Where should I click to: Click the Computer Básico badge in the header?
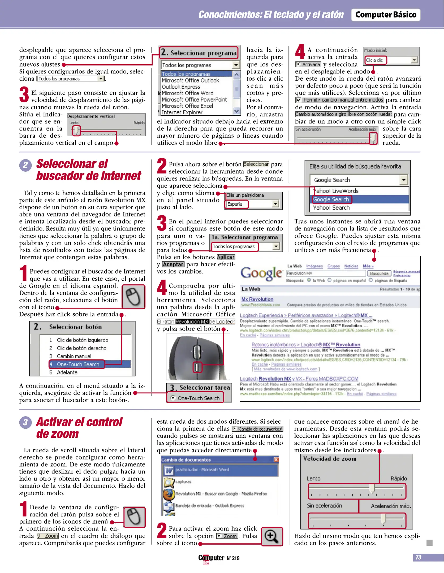click(x=386, y=15)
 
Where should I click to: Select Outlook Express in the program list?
click(x=181, y=87)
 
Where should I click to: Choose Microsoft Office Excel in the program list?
click(x=187, y=106)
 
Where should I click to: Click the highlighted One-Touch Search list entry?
click(x=78, y=364)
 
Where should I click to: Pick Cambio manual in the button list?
click(x=74, y=356)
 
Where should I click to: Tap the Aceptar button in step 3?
click(x=173, y=264)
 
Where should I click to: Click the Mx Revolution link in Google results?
click(x=257, y=299)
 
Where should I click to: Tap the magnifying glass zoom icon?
click(x=272, y=536)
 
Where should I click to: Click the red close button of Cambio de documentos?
click(x=276, y=459)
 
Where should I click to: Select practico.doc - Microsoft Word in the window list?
click(x=202, y=470)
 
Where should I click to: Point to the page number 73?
click(x=418, y=557)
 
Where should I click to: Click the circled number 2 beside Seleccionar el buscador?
click(x=25, y=165)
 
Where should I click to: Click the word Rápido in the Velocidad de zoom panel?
click(x=398, y=478)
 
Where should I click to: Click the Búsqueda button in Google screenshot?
click(x=379, y=273)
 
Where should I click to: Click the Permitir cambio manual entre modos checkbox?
click(x=299, y=100)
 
